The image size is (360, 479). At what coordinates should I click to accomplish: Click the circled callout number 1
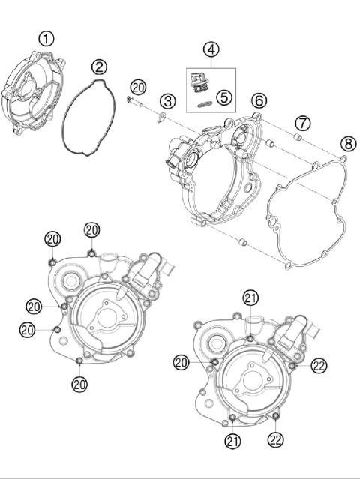(46, 38)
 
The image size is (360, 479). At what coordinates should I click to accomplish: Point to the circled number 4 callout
(211, 49)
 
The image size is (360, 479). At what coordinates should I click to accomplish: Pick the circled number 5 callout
(223, 96)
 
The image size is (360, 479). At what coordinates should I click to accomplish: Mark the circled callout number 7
(301, 122)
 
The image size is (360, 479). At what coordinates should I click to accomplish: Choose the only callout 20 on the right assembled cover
(181, 362)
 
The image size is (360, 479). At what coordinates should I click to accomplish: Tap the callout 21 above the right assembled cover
(250, 298)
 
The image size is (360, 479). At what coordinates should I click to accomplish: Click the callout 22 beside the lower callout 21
(277, 441)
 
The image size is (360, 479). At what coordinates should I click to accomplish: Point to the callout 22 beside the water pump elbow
(319, 365)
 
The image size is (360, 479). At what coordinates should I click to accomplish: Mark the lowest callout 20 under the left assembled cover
(79, 384)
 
